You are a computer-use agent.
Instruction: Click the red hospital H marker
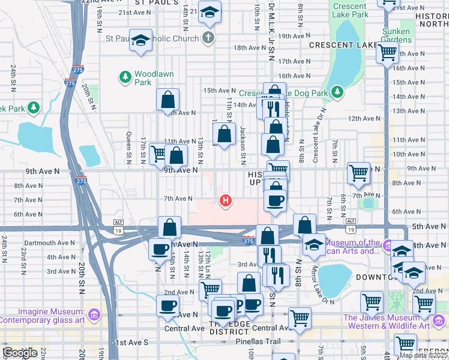(x=226, y=200)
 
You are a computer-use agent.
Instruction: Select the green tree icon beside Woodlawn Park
(x=125, y=76)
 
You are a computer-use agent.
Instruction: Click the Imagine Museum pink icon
(x=94, y=314)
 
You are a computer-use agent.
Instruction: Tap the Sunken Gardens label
(x=396, y=35)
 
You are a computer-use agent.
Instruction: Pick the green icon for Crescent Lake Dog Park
(x=338, y=91)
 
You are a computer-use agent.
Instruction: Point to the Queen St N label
(x=129, y=147)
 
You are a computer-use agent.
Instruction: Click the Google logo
(x=20, y=353)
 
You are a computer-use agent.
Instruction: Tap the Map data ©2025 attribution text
(x=423, y=355)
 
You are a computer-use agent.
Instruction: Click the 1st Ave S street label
(x=131, y=342)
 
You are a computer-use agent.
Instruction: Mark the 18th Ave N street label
(x=250, y=47)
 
